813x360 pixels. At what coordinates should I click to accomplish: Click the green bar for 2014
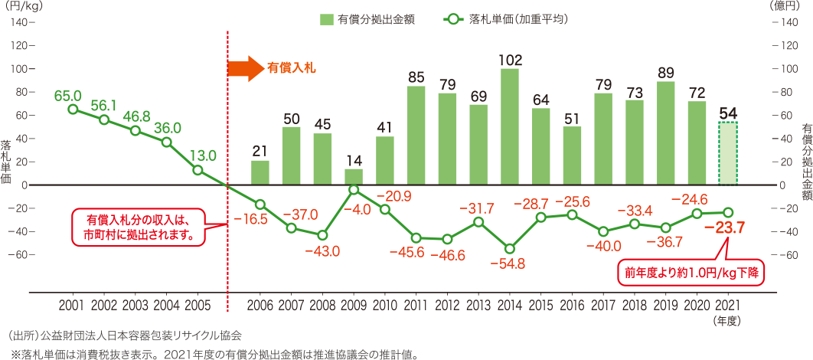(x=510, y=126)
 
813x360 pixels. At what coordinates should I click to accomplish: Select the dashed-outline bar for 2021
(x=728, y=153)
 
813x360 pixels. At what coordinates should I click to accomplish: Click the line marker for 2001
(x=73, y=110)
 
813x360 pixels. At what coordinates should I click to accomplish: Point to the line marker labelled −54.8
(x=510, y=248)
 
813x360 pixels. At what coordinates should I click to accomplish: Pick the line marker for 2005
(x=198, y=170)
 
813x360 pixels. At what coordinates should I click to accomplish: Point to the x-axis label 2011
(x=416, y=305)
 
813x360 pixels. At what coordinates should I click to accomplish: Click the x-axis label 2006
(x=260, y=305)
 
